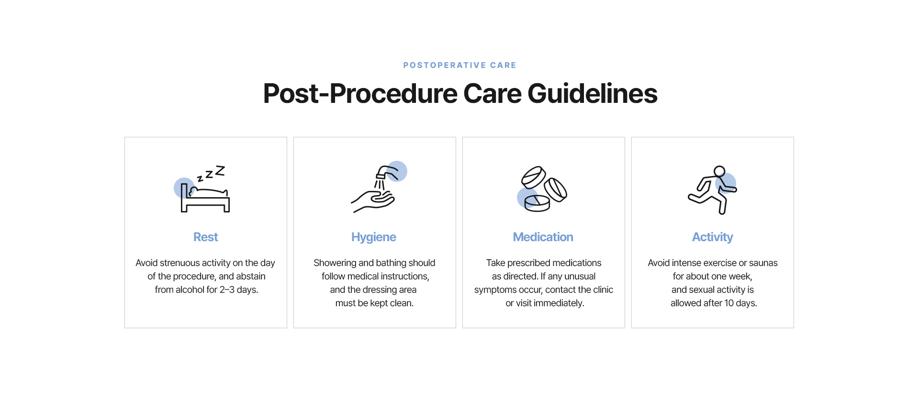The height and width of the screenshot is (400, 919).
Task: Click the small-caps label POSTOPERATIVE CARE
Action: coord(459,65)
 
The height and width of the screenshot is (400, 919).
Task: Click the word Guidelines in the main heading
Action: coord(593,93)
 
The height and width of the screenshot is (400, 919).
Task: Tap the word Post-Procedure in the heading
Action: coord(360,93)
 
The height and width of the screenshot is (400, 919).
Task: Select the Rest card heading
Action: coord(206,237)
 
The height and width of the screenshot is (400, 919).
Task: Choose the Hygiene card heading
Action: coord(374,237)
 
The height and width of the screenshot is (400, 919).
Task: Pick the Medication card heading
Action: coord(543,237)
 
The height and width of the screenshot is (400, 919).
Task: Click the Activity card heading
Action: coord(713,237)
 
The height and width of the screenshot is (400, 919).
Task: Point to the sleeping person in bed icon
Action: coord(205,198)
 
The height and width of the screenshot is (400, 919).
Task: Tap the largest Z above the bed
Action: coord(220,170)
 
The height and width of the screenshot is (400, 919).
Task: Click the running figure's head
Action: coord(719,171)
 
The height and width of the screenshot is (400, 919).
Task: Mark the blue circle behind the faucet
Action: coord(397,171)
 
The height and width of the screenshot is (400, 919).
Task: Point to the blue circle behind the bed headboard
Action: coord(184,188)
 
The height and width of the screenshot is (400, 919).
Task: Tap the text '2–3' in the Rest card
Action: coord(227,289)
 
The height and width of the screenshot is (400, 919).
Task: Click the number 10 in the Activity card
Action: coord(729,303)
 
